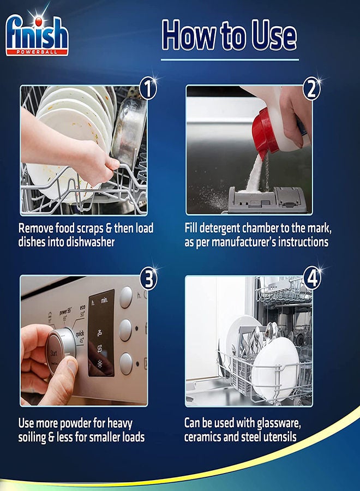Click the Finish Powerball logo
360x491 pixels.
[x=37, y=34]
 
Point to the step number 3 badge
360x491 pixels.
[x=148, y=278]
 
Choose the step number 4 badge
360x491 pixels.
[x=312, y=278]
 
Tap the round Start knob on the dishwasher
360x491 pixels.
[x=61, y=351]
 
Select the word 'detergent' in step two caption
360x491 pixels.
[x=220, y=228]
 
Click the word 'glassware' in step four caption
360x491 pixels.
[x=279, y=423]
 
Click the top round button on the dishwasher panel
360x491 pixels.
[x=126, y=297]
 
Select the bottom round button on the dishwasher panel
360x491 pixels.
[x=126, y=363]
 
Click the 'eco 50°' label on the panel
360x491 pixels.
[x=82, y=311]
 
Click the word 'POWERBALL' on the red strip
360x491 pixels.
[x=37, y=52]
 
